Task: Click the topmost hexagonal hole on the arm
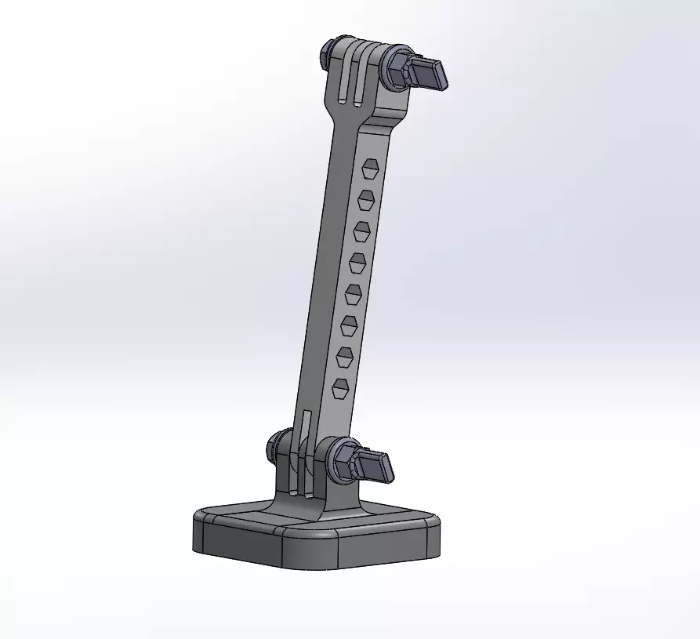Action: coord(370,169)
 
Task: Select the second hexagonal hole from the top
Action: coord(365,200)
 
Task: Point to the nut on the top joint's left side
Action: coord(328,53)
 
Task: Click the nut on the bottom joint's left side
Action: coord(277,446)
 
